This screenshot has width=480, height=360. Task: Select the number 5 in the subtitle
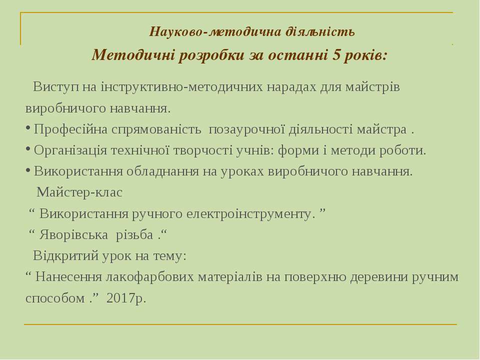336,55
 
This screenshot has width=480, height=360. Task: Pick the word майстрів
372,87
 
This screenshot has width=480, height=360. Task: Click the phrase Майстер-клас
79,192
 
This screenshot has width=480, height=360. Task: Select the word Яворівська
73,235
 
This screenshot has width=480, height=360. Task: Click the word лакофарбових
150,277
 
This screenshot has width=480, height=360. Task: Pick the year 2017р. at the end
126,298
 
